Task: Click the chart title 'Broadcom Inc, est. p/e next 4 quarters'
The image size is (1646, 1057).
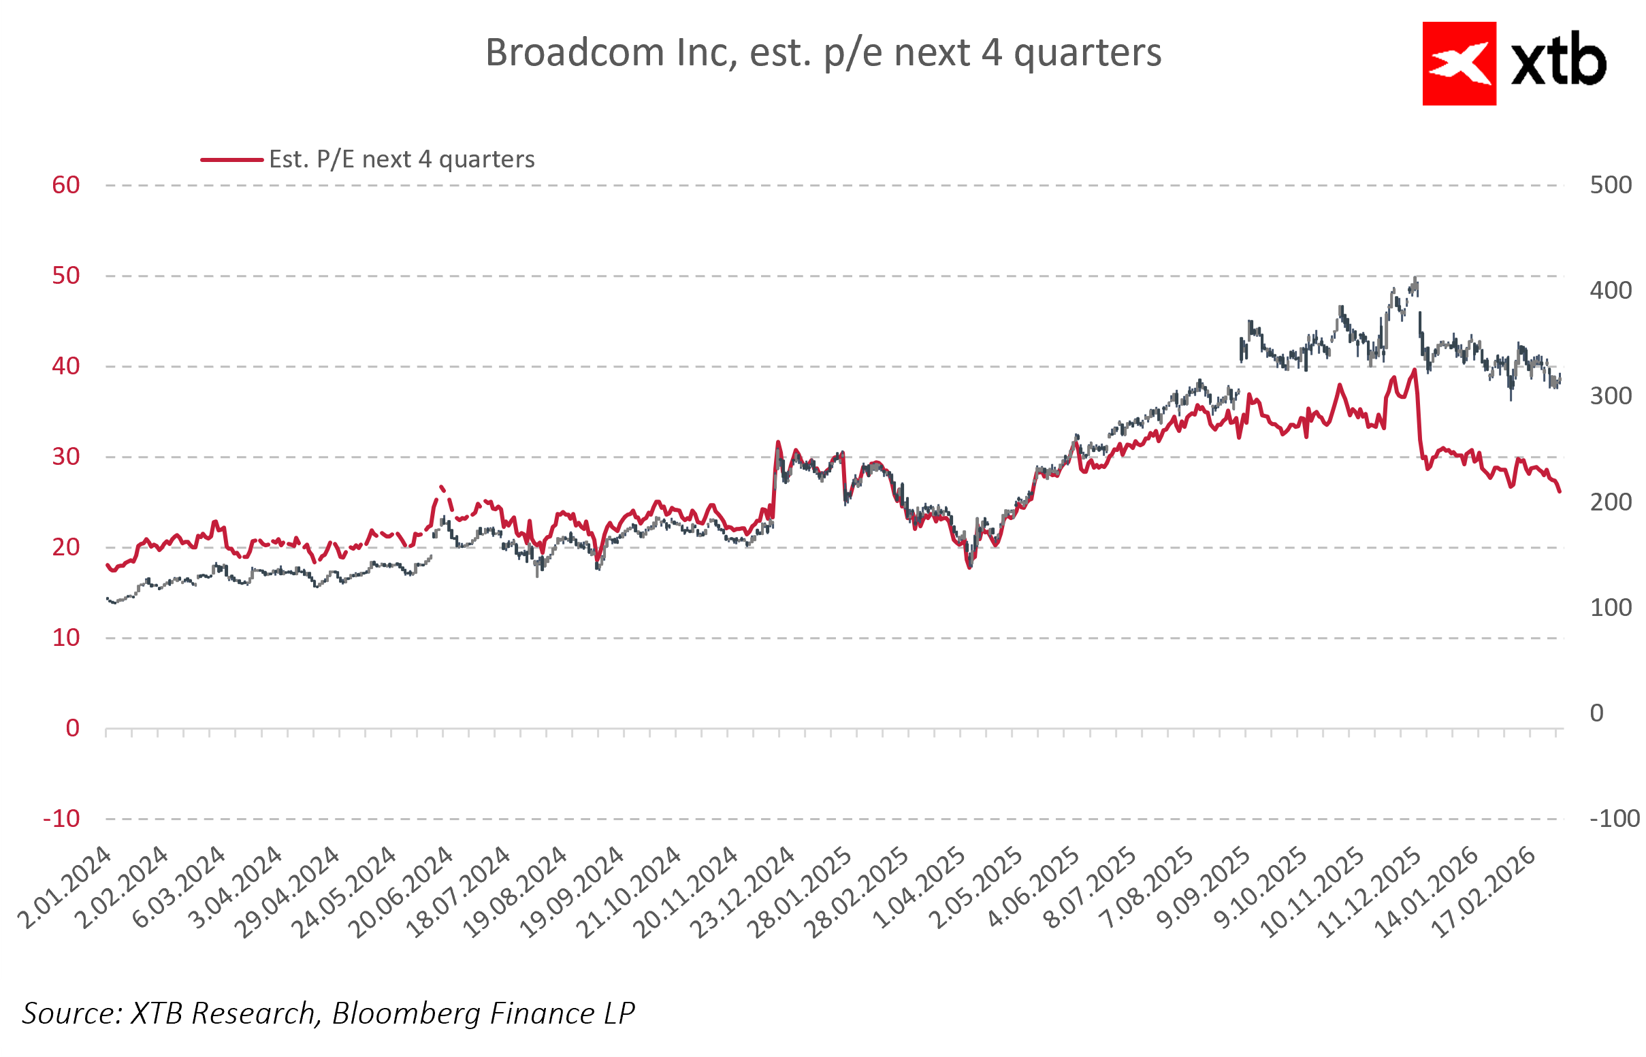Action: [822, 53]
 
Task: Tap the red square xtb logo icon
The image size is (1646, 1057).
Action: [1459, 64]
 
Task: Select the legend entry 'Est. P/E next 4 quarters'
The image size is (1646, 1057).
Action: [401, 159]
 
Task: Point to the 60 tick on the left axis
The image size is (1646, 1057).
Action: [66, 185]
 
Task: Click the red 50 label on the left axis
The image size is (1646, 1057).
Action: [66, 276]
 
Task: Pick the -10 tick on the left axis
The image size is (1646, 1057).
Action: [62, 819]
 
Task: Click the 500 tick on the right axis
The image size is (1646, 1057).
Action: [1611, 185]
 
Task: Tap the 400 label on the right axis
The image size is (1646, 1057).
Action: [1611, 291]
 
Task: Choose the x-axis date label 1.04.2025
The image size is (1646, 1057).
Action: [921, 888]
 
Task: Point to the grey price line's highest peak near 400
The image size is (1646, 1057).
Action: [1415, 278]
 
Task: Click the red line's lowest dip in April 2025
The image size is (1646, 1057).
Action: [969, 568]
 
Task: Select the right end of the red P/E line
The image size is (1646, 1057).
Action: [1560, 491]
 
